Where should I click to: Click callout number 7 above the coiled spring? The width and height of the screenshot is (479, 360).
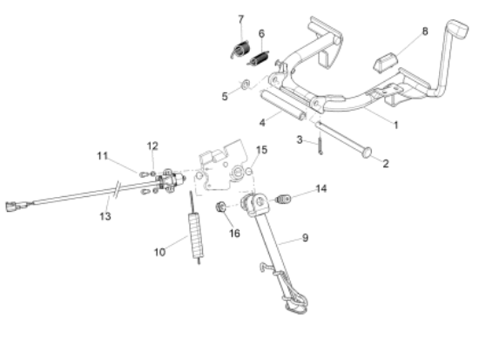241,19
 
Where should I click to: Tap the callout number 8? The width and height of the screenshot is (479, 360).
425,31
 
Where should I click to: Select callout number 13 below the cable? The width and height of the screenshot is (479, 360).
105,216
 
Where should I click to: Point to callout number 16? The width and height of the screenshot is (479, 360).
234,234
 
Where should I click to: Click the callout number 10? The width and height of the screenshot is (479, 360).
159,252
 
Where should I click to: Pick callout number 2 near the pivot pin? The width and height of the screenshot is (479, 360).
386,164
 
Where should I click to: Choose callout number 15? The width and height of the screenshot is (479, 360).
261,150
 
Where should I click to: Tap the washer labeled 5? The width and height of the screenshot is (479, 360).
245,85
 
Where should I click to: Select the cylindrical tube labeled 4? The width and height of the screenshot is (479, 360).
283,105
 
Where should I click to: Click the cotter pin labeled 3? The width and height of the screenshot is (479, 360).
320,144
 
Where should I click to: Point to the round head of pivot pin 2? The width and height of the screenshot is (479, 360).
367,153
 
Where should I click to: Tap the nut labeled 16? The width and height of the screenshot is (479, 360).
220,207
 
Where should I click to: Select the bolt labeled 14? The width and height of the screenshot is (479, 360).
283,200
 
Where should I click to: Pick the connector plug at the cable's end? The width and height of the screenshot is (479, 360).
11,207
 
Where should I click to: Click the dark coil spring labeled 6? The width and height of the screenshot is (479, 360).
259,58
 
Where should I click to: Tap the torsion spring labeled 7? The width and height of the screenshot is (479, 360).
240,50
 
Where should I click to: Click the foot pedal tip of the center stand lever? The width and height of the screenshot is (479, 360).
458,29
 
